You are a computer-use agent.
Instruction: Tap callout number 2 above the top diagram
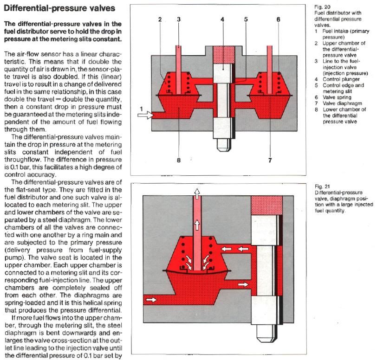click(159, 20)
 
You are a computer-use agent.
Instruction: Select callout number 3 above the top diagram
click(179, 19)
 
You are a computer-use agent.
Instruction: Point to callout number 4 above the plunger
click(222, 19)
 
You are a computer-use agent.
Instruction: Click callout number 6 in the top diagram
click(278, 19)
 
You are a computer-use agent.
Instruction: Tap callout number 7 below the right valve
click(269, 161)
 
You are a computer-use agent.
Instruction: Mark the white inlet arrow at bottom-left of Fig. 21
click(151, 300)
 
